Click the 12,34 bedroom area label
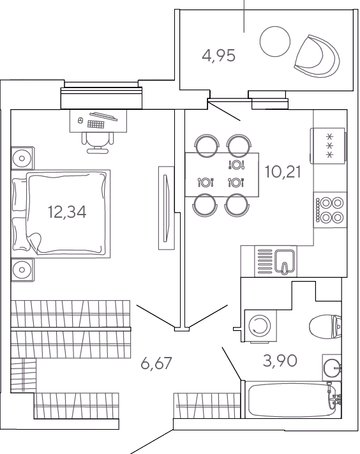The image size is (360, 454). [x=67, y=212]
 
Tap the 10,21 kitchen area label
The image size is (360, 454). [x=283, y=172]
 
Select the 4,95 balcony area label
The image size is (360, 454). [x=219, y=56]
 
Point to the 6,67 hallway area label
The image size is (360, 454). [x=156, y=363]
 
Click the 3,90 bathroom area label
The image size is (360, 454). [x=280, y=361]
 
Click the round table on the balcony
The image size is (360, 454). [x=275, y=42]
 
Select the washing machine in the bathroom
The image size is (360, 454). [x=260, y=326]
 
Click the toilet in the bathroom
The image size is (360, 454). [x=326, y=326]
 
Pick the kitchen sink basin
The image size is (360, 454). [x=285, y=261]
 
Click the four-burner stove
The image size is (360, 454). [x=330, y=210]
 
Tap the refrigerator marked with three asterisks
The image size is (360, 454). [x=329, y=146]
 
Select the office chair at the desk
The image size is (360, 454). [x=98, y=142]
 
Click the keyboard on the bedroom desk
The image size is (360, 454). [x=96, y=125]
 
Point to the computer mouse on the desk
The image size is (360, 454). [x=80, y=120]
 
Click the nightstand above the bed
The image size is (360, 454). [x=22, y=158]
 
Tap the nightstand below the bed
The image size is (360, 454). [x=22, y=269]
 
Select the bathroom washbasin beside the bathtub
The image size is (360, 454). [x=332, y=368]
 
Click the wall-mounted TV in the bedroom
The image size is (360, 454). [x=167, y=208]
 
